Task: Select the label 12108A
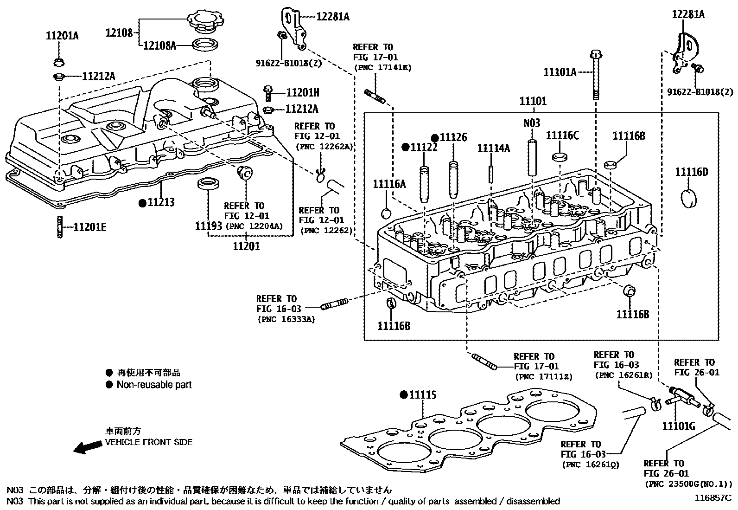click(x=159, y=45)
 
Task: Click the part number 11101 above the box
click(x=533, y=101)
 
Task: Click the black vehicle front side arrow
click(x=88, y=447)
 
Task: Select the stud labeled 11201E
click(x=59, y=227)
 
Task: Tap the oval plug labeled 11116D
click(x=688, y=198)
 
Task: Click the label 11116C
click(x=562, y=136)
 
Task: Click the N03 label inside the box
click(x=532, y=123)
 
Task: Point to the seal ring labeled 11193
click(x=206, y=184)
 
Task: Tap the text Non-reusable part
click(x=154, y=385)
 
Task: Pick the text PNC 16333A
click(x=286, y=320)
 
